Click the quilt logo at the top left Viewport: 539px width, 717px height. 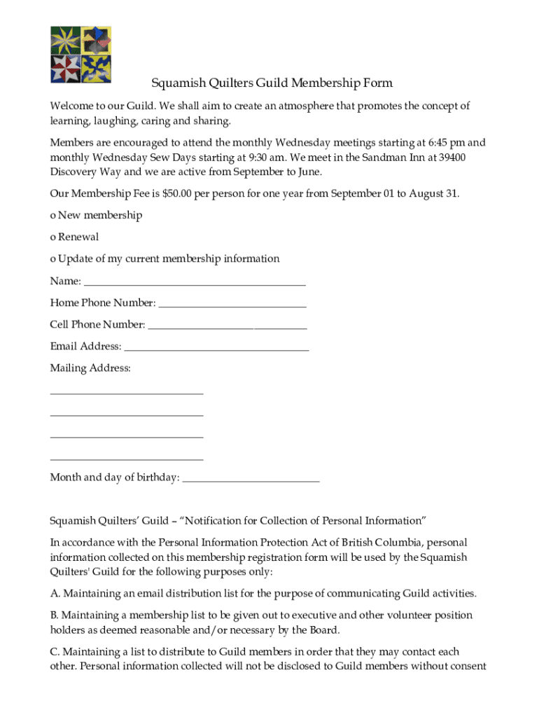point(80,55)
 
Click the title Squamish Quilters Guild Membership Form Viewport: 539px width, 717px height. point(272,83)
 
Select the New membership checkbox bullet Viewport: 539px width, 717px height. point(52,216)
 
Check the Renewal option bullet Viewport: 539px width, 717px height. point(52,237)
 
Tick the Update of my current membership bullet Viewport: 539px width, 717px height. point(52,259)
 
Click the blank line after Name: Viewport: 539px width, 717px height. point(194,284)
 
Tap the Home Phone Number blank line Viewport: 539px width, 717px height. point(232,305)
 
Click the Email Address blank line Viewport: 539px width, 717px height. point(216,349)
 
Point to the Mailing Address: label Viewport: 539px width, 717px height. point(90,368)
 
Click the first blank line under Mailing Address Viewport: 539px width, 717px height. point(127,393)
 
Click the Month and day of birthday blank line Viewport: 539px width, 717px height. point(250,480)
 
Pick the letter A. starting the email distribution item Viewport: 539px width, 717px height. point(55,594)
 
